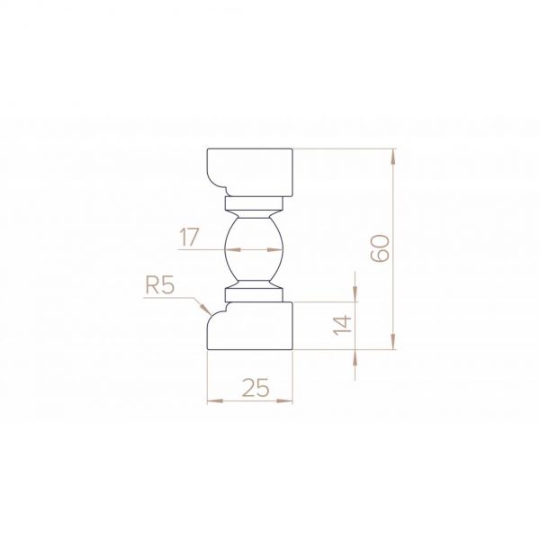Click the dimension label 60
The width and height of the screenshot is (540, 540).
tap(380, 248)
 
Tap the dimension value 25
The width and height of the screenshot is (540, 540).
tap(256, 387)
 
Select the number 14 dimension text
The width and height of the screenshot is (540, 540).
tap(342, 325)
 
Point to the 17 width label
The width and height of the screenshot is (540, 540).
tap(189, 238)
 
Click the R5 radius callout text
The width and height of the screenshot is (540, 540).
tap(159, 285)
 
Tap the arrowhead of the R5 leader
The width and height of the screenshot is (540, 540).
tap(206, 310)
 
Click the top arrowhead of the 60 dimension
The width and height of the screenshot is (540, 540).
tap(393, 157)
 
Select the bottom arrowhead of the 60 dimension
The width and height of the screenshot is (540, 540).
tap(393, 341)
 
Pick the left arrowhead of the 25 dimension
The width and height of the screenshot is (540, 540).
tap(215, 400)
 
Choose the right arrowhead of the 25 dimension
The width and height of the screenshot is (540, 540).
tap(284, 400)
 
